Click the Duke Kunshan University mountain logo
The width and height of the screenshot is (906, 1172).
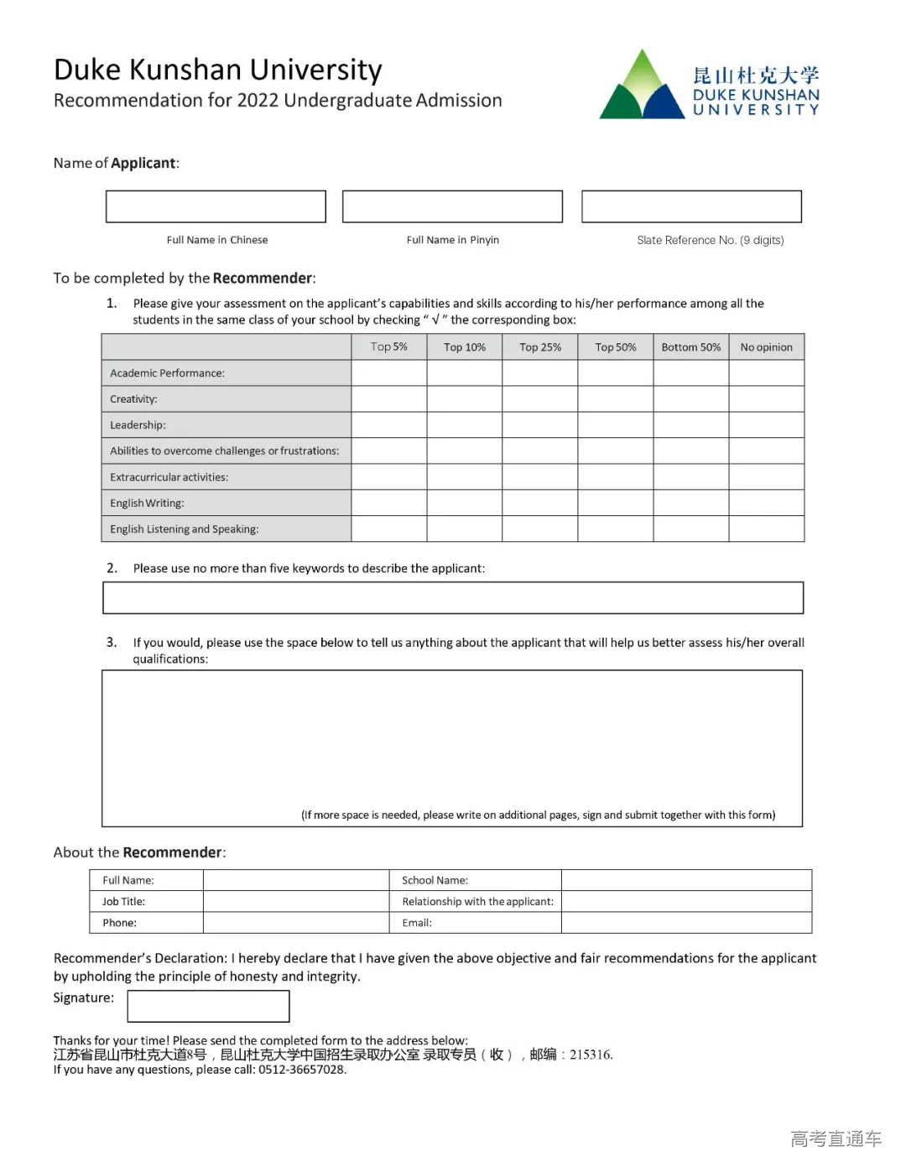pyautogui.click(x=642, y=86)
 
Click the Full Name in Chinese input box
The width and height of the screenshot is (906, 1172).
pyautogui.click(x=216, y=206)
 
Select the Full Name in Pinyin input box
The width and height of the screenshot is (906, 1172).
pyautogui.click(x=452, y=206)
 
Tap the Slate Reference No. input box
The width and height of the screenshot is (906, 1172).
pyautogui.click(x=691, y=206)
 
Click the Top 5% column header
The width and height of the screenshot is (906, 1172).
pyautogui.click(x=389, y=347)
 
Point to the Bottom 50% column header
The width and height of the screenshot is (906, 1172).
pyautogui.click(x=690, y=347)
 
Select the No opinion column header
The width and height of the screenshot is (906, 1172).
pyautogui.click(x=766, y=347)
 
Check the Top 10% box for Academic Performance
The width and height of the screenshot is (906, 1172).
pyautogui.click(x=465, y=373)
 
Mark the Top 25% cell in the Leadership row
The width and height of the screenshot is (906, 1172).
pyautogui.click(x=540, y=425)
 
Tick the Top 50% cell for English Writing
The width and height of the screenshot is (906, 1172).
pyautogui.click(x=616, y=503)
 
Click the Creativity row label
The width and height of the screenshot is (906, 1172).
pyautogui.click(x=133, y=399)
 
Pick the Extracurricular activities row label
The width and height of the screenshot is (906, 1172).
pyautogui.click(x=169, y=477)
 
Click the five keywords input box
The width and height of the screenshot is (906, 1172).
pyautogui.click(x=453, y=598)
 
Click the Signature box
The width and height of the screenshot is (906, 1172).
pyautogui.click(x=208, y=1006)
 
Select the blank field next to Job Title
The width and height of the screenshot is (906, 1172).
pyautogui.click(x=296, y=902)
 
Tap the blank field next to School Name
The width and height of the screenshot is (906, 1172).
pyautogui.click(x=686, y=880)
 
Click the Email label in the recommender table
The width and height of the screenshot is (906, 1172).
pyautogui.click(x=417, y=923)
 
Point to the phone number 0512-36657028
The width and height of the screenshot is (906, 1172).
pyautogui.click(x=302, y=1070)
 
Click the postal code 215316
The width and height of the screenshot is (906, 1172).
pyautogui.click(x=591, y=1055)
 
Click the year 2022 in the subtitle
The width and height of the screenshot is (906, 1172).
pyautogui.click(x=258, y=101)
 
